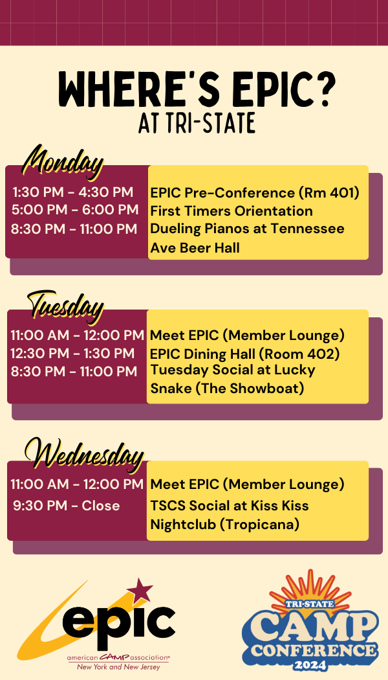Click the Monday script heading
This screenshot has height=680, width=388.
click(63, 163)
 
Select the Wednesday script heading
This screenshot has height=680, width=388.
click(84, 454)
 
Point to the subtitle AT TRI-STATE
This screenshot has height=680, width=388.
click(197, 124)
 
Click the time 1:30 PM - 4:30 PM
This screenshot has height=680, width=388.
click(73, 192)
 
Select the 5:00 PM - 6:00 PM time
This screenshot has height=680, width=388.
click(75, 210)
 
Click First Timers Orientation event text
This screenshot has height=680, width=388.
click(232, 211)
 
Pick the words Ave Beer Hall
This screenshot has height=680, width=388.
click(195, 248)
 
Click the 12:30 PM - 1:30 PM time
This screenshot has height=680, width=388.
click(72, 354)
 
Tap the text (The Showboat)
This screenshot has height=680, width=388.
click(250, 389)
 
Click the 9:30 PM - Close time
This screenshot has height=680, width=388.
click(66, 506)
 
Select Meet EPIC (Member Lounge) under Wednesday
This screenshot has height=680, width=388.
click(247, 484)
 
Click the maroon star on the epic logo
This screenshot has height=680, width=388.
click(140, 591)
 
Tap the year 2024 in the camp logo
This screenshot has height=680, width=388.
click(310, 665)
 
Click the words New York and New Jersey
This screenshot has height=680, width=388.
click(118, 666)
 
